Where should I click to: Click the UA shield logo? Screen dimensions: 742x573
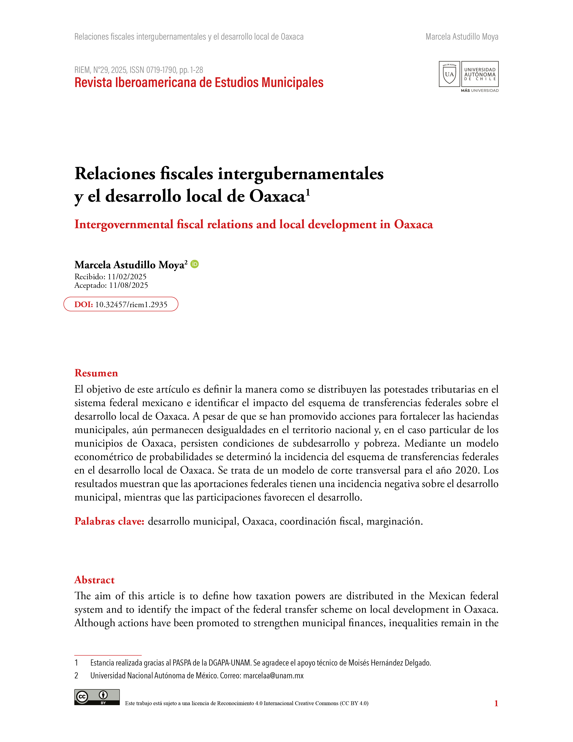(x=449, y=74)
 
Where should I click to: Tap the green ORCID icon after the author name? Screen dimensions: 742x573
(x=195, y=264)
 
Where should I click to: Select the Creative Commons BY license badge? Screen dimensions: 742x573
(x=97, y=697)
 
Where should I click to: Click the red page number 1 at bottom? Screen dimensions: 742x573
(x=496, y=703)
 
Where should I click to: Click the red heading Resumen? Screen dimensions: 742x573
(x=96, y=373)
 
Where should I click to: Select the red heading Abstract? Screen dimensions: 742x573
(x=94, y=580)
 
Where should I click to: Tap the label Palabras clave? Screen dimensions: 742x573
(x=109, y=521)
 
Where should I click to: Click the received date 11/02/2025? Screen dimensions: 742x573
(x=127, y=277)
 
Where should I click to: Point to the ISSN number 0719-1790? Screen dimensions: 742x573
(x=161, y=70)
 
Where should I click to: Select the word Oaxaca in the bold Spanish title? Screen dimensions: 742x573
(x=277, y=196)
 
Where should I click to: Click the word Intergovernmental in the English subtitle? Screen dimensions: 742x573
(x=124, y=225)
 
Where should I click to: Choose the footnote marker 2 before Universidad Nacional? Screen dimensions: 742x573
(x=76, y=676)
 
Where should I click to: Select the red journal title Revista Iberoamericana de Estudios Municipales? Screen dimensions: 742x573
(x=199, y=83)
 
